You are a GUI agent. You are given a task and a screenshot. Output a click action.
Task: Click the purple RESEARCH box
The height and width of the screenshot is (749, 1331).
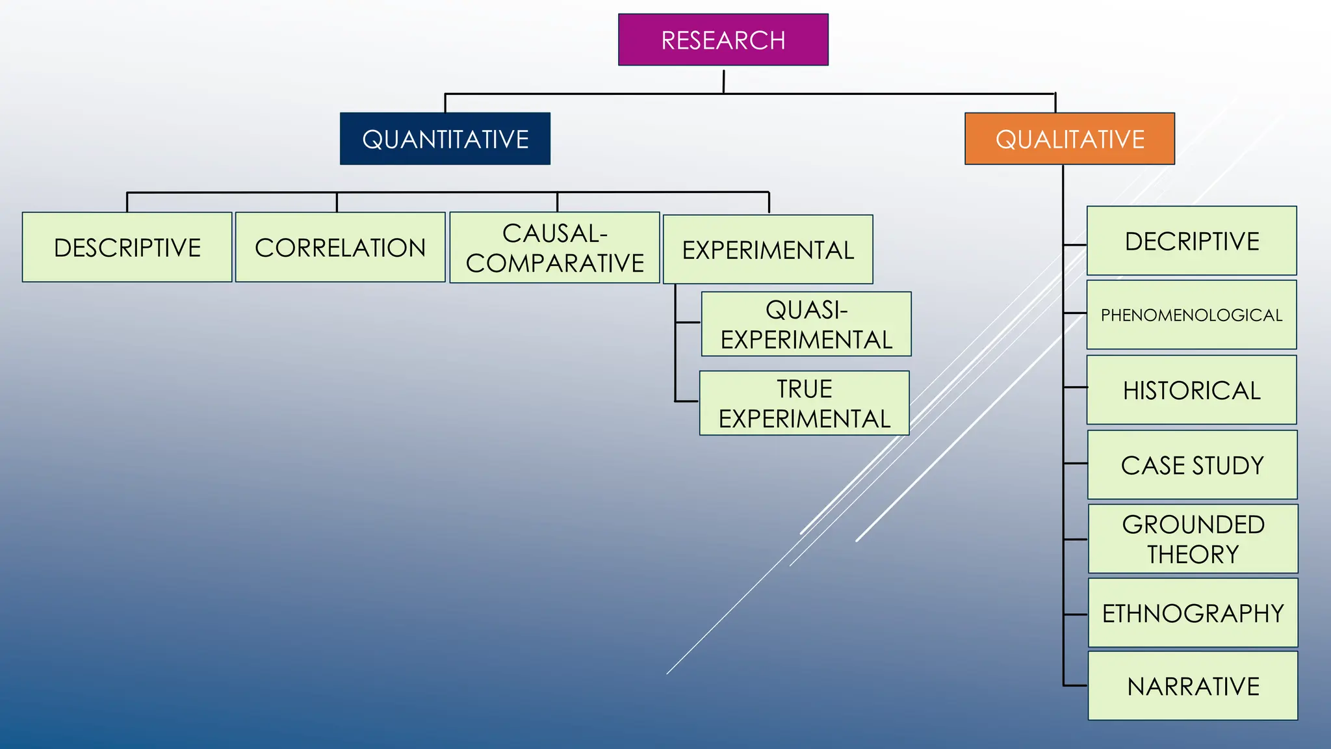723,40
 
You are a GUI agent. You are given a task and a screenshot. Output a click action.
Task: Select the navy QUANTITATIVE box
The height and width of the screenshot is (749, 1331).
445,139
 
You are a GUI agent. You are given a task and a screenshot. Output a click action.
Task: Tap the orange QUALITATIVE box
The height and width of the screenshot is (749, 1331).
1070,139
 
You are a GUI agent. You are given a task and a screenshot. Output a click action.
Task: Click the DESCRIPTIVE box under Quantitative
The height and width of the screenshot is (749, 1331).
127,248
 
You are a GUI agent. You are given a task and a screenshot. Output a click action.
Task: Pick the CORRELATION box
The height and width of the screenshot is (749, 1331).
340,248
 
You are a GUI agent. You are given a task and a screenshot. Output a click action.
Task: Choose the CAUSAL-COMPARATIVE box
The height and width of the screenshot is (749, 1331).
554,248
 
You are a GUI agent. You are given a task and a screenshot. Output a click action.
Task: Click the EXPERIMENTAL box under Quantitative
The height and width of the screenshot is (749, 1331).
768,250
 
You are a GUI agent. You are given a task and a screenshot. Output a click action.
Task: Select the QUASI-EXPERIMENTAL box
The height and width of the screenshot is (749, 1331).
806,324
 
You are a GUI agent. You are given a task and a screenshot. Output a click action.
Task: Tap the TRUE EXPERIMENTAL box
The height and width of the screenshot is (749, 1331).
804,404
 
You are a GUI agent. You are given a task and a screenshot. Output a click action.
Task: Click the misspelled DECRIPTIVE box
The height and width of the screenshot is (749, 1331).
1191,241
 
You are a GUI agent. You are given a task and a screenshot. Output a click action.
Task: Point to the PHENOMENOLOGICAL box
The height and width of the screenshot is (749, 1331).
1191,315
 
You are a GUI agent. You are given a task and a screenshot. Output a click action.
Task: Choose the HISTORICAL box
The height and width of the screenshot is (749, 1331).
1191,390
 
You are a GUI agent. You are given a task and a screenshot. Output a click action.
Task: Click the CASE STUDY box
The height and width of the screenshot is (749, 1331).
1192,465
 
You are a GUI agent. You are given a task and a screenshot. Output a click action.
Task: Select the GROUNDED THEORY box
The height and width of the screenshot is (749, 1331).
1193,539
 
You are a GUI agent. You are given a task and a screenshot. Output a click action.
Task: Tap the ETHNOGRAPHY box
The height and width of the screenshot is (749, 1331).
1193,613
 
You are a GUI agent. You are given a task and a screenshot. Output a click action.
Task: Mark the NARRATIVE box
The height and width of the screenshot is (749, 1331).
1193,686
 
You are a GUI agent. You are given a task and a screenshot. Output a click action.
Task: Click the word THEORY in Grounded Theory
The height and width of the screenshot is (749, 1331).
1193,555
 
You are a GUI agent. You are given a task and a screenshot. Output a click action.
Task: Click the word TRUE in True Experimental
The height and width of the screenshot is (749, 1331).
804,389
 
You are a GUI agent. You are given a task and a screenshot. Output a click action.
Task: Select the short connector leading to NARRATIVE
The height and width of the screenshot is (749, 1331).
1076,685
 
